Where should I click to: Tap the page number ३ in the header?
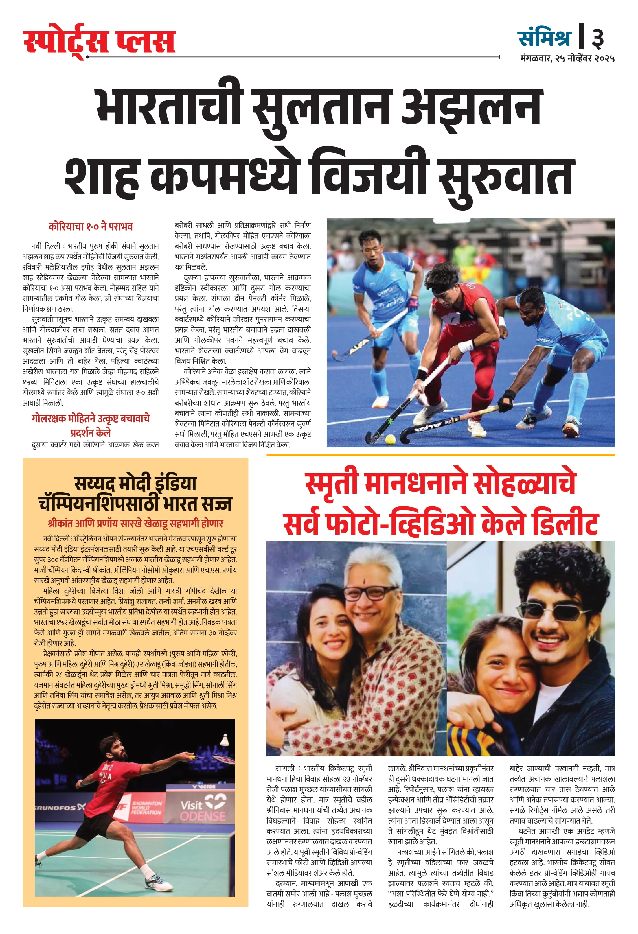pos(597,38)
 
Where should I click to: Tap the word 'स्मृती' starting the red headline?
pos(332,483)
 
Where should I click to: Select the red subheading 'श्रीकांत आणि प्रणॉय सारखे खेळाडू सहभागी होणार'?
pos(135,523)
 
